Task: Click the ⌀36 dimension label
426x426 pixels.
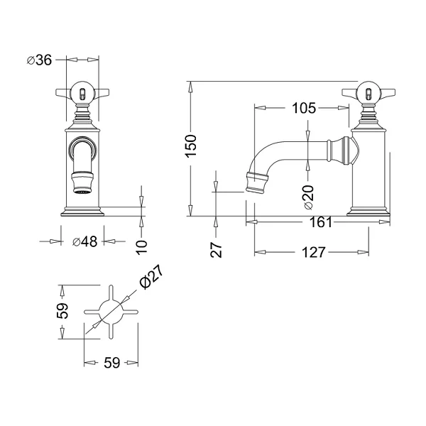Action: [39, 60]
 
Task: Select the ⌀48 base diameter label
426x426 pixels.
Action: [84, 241]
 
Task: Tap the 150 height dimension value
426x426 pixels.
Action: [191, 146]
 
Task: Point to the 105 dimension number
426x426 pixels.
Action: [304, 108]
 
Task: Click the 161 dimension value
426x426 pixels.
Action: [321, 222]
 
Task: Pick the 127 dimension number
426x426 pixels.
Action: [314, 252]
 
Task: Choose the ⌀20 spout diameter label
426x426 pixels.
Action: [309, 197]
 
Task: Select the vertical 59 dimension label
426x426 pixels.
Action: [62, 310]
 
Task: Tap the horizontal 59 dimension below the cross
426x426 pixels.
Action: [111, 362]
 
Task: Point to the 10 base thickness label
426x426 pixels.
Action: [141, 247]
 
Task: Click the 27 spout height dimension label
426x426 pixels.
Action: [217, 250]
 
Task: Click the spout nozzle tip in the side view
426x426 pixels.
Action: [255, 190]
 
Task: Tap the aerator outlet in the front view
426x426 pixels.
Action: [82, 192]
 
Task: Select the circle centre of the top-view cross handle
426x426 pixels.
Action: [111, 312]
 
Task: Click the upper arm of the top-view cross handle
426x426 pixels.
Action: [111, 293]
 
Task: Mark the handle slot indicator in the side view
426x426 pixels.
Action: [368, 94]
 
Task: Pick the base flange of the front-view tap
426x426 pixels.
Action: [82, 212]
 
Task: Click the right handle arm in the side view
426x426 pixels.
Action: [387, 92]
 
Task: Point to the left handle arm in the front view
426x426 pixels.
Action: [64, 92]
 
